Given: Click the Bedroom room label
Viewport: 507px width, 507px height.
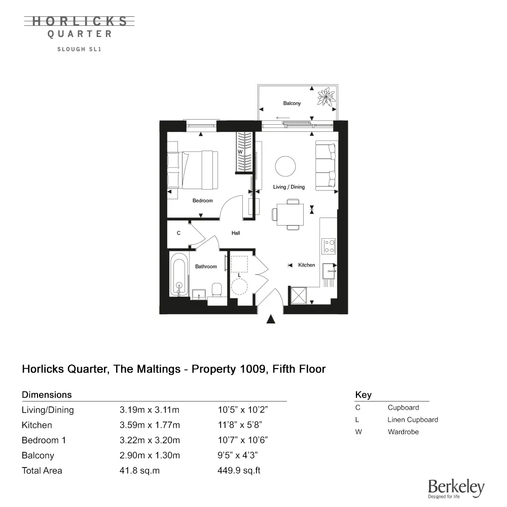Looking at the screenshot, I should click(202, 201).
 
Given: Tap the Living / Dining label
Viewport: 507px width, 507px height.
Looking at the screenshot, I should click(289, 187).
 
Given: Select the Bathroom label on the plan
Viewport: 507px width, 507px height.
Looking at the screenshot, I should click(206, 267).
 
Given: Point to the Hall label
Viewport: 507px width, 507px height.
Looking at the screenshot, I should click(236, 233).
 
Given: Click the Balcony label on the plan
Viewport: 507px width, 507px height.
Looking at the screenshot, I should click(292, 103).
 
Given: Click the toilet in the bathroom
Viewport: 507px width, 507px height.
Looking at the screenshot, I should click(217, 290).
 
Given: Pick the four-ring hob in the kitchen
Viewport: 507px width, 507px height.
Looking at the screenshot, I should click(329, 246).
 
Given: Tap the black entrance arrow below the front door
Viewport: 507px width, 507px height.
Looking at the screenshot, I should click(271, 319).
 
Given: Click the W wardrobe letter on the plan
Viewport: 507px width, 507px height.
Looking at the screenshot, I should click(240, 152).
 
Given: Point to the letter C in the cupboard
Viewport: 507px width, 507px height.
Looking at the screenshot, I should click(178, 234).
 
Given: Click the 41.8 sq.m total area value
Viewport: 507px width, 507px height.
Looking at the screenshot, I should click(139, 470).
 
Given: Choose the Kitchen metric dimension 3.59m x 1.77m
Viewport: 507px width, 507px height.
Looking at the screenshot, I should click(150, 425).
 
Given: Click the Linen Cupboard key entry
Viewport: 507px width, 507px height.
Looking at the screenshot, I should click(412, 420).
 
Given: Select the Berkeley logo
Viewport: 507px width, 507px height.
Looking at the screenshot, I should click(456, 489).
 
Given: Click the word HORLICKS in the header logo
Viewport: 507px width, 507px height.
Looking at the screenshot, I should click(80, 21).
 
